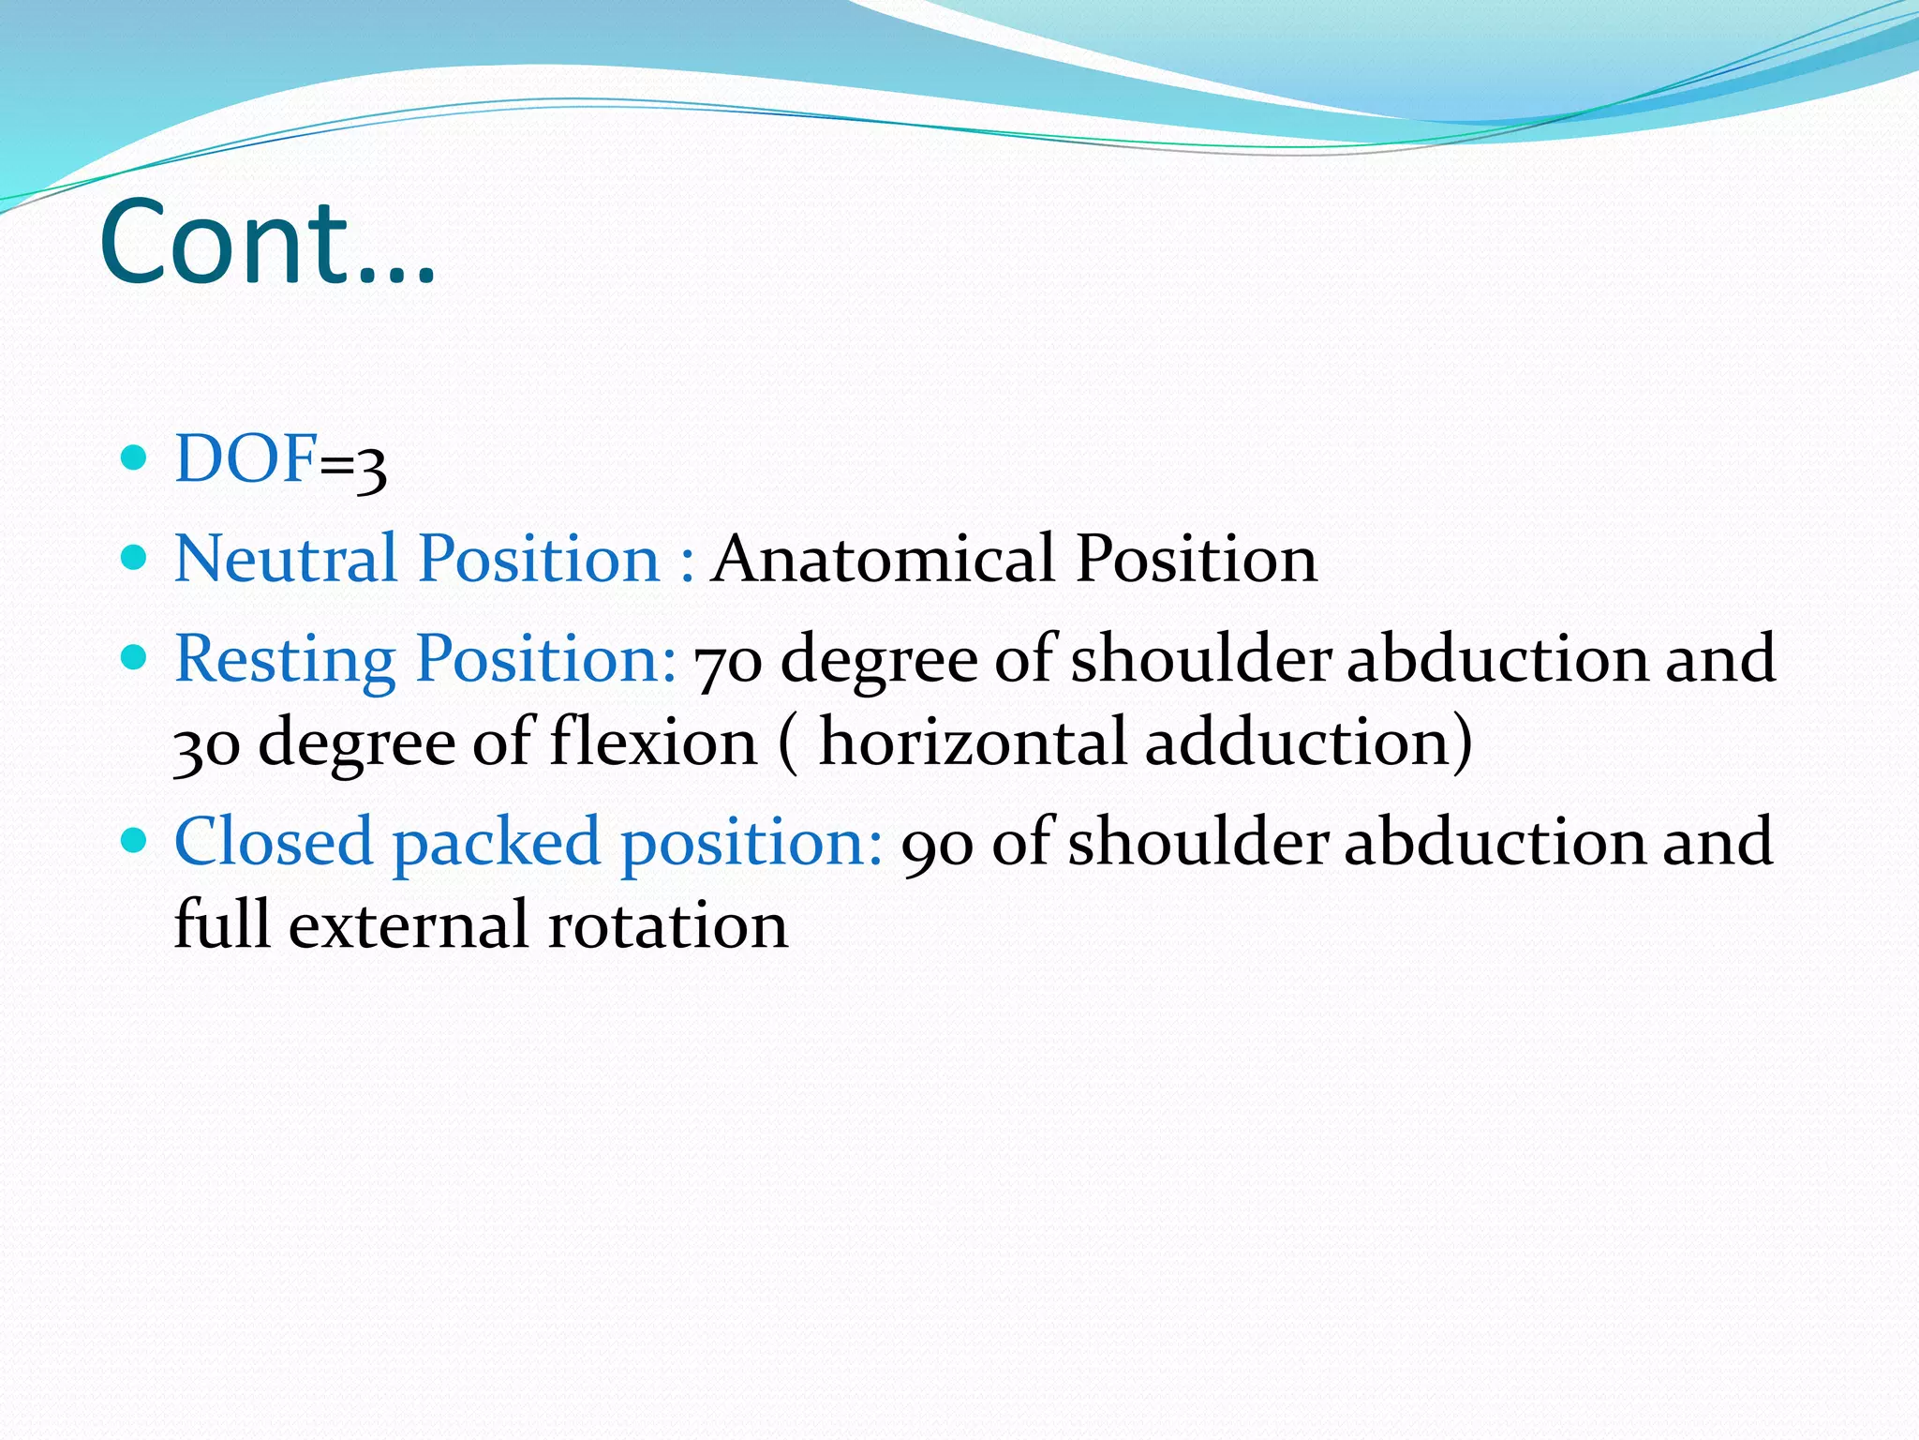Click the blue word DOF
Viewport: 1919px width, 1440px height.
(245, 459)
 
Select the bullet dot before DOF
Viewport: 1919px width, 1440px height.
(135, 457)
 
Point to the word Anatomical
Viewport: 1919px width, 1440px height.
(883, 559)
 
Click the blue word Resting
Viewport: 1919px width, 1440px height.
(285, 660)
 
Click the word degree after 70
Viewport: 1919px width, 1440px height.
(879, 662)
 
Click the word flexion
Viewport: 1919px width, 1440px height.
(653, 742)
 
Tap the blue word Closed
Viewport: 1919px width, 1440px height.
(274, 841)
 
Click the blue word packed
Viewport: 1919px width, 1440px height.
(496, 843)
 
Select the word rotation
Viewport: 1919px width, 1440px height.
(667, 925)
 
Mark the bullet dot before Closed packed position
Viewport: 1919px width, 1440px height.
(135, 838)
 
